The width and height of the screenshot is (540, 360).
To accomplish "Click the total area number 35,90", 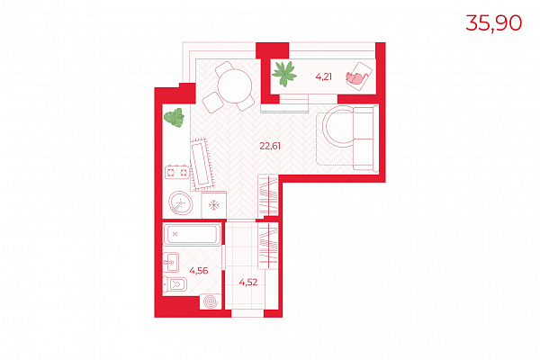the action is coord(493,23).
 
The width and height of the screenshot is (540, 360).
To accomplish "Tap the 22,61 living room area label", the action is coord(270,146).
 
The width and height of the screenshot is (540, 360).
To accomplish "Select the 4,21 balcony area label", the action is coord(323,76).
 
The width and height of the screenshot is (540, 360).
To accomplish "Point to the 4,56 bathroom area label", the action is coord(199,271).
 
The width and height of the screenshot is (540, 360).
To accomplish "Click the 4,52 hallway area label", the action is coord(248,282).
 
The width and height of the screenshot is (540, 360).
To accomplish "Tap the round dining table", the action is coord(235,85).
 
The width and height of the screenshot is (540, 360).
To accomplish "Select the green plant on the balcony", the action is coord(284,74).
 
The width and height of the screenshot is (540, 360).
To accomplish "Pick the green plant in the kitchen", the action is coord(175,118).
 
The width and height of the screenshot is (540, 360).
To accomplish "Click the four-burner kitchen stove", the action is coord(177,172).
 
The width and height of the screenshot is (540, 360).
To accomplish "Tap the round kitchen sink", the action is coord(181,202).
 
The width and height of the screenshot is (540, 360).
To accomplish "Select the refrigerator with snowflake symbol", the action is coord(214,205).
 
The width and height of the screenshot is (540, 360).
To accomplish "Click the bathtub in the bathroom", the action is coord(192,235).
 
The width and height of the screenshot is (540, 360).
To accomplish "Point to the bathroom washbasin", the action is coord(171,262).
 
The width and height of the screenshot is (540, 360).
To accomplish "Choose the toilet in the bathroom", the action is coord(175,284).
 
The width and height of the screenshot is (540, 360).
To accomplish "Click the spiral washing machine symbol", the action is coord(211,301).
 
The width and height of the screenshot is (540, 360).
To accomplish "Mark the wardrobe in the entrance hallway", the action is coord(268,246).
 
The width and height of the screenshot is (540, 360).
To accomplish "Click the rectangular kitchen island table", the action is coord(202,165).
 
